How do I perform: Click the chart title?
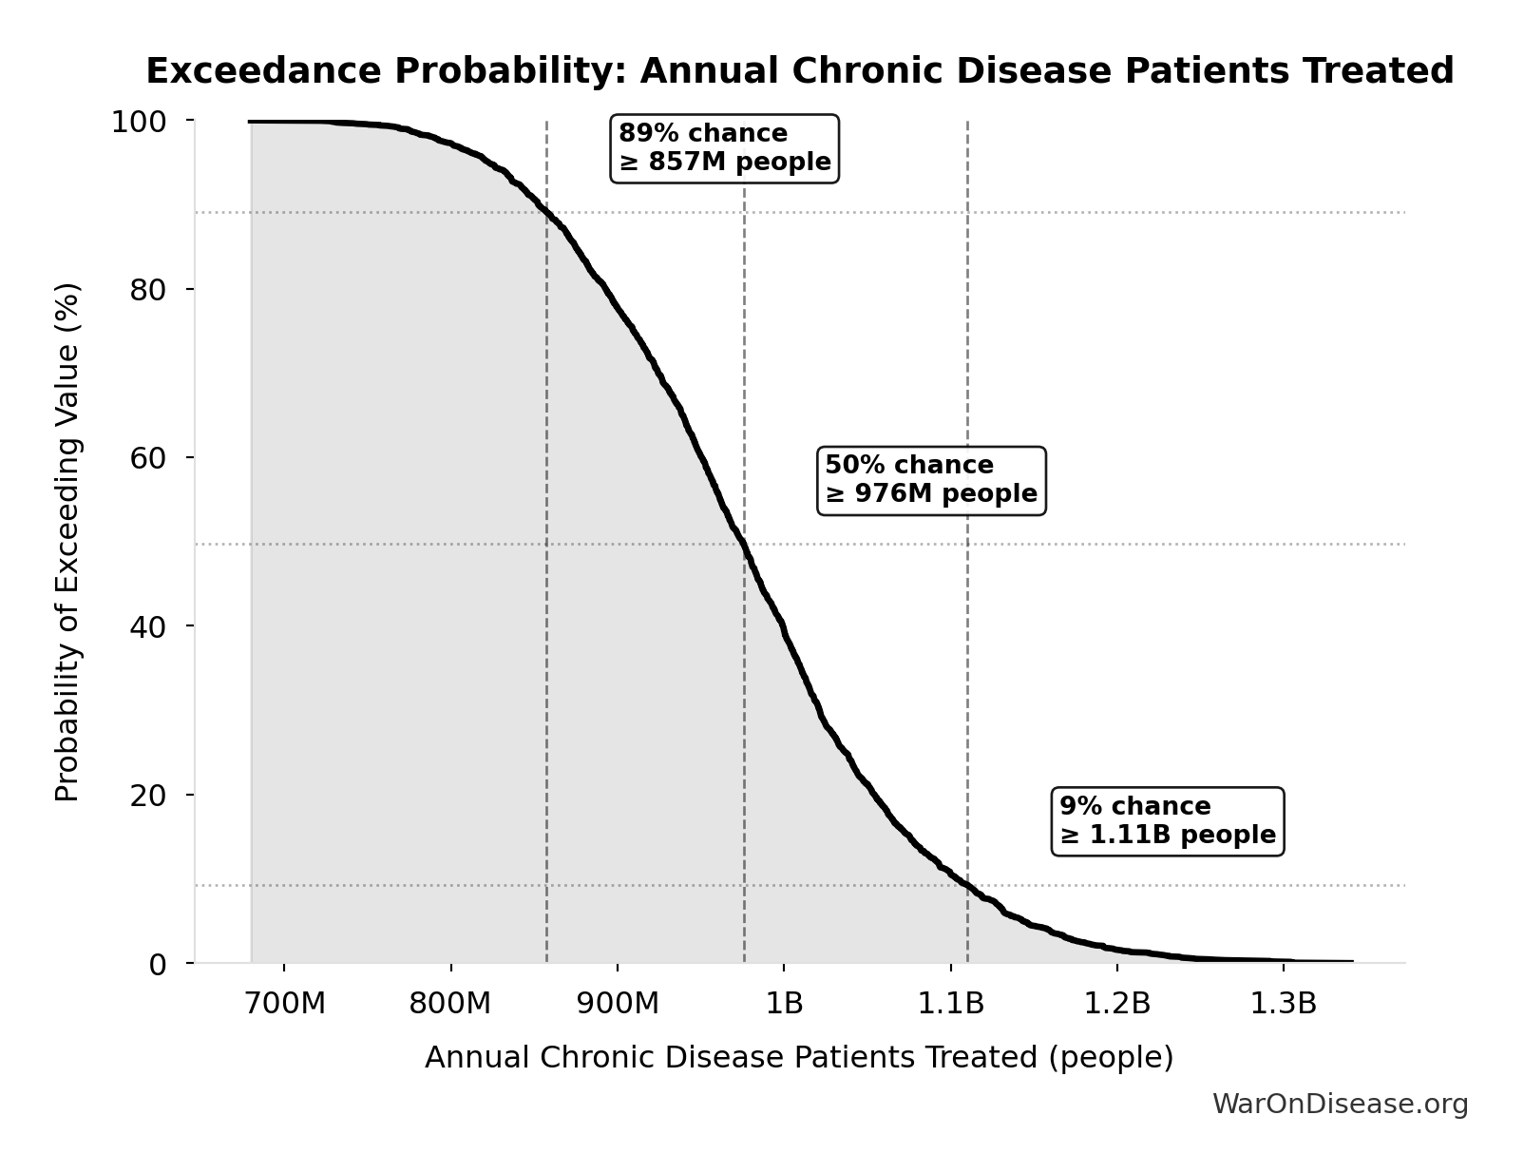pyautogui.click(x=799, y=71)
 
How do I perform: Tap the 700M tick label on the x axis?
pyautogui.click(x=284, y=1004)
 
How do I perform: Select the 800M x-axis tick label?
pyautogui.click(x=450, y=1004)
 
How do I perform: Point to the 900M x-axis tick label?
pyautogui.click(x=618, y=1004)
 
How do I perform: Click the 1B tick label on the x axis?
pyautogui.click(x=784, y=1004)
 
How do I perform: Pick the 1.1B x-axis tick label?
pyautogui.click(x=950, y=1004)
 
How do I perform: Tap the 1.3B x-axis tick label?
pyautogui.click(x=1284, y=1004)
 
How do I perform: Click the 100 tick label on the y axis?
pyautogui.click(x=139, y=122)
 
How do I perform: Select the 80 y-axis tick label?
pyautogui.click(x=148, y=289)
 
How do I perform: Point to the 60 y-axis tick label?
pyautogui.click(x=148, y=457)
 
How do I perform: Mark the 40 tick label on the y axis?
pyautogui.click(x=148, y=626)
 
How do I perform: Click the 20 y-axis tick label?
pyautogui.click(x=148, y=795)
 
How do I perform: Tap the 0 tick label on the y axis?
pyautogui.click(x=158, y=964)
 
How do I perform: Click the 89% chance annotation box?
pyautogui.click(x=724, y=148)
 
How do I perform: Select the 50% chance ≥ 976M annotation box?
pyautogui.click(x=931, y=480)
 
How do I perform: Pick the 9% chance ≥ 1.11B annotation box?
pyautogui.click(x=1168, y=821)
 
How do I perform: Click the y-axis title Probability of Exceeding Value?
pyautogui.click(x=67, y=542)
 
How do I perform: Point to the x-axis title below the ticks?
pyautogui.click(x=799, y=1058)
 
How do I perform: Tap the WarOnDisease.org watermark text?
pyautogui.click(x=1340, y=1105)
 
